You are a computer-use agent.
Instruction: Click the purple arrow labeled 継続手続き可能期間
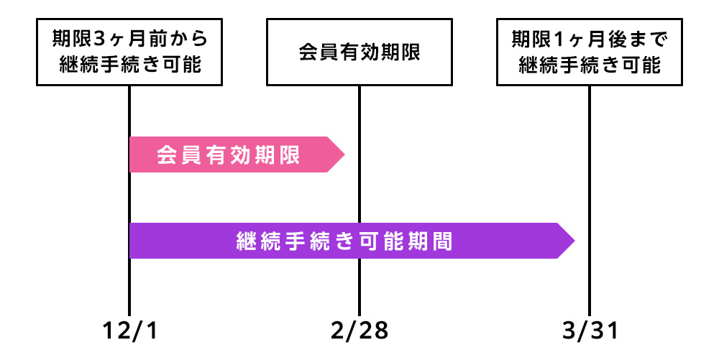[345, 241]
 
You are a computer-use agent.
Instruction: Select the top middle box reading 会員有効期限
[359, 52]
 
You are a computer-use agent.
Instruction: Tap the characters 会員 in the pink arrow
[175, 154]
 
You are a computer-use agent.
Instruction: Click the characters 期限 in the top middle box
[403, 52]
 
